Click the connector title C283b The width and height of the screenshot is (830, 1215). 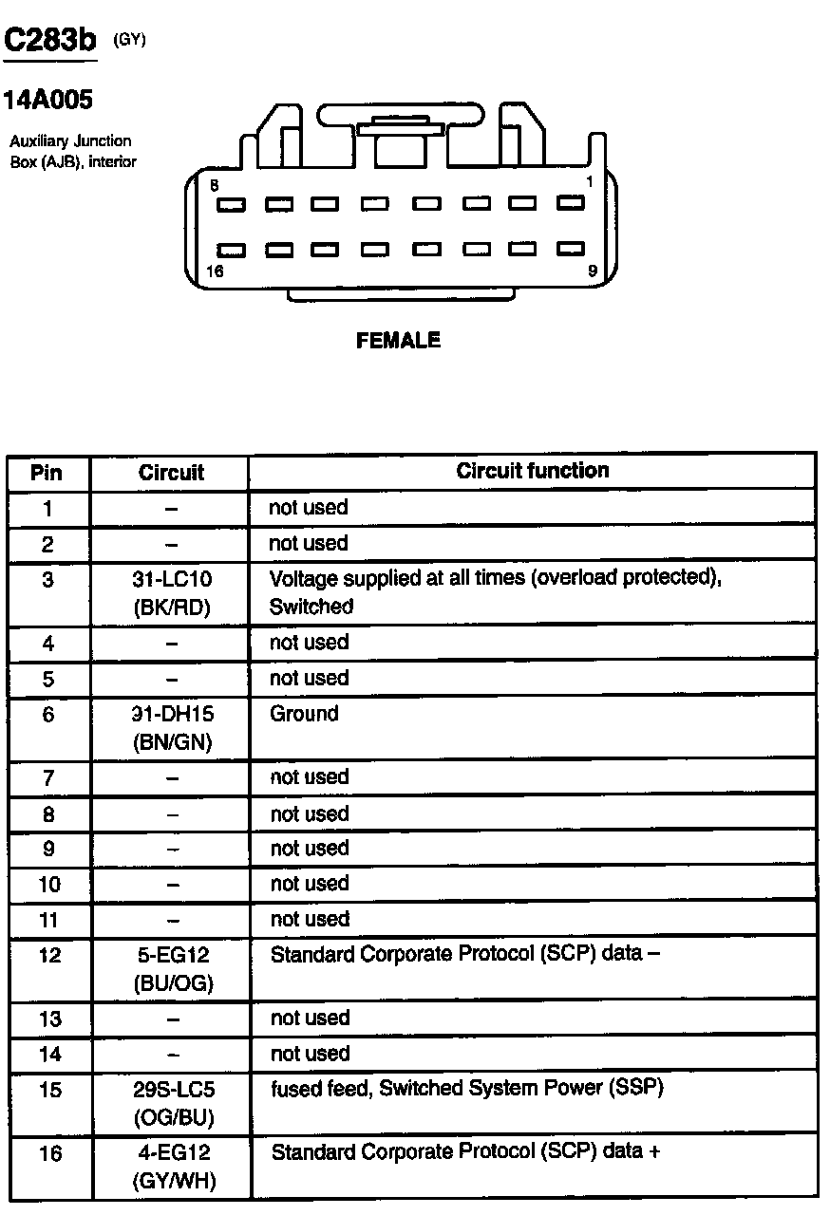[x=50, y=40]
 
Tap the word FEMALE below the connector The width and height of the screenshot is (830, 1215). [x=398, y=340]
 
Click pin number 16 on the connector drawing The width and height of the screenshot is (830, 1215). [x=214, y=271]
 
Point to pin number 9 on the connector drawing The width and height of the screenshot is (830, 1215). [x=593, y=271]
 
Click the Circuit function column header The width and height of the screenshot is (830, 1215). [x=533, y=471]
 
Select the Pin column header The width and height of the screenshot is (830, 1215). [x=47, y=472]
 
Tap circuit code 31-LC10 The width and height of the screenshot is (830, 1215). [x=172, y=579]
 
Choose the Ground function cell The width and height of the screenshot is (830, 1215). [x=304, y=714]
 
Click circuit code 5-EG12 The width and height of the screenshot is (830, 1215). [x=172, y=956]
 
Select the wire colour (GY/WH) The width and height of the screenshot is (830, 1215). [x=172, y=1182]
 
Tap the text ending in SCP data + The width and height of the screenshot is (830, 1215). [x=465, y=1152]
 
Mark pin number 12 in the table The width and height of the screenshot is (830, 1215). [x=49, y=956]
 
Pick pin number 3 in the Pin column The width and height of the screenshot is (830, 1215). [x=48, y=579]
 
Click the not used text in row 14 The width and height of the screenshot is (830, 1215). [x=310, y=1054]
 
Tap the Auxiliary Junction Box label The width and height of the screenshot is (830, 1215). [x=72, y=151]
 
